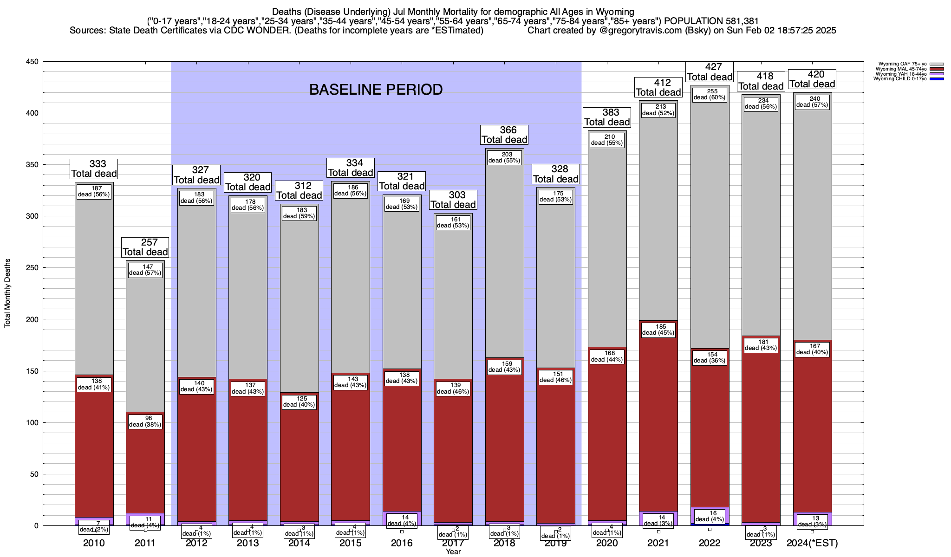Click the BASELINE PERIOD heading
point(376,90)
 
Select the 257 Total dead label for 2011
point(145,247)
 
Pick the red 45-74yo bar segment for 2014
point(300,464)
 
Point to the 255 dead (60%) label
point(710,94)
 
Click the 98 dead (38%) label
point(145,421)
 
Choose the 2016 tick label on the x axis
point(402,543)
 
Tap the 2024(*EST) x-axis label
point(812,543)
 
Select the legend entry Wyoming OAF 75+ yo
point(900,64)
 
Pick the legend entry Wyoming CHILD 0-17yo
point(899,79)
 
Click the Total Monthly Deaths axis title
point(7,294)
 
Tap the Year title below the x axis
point(453,551)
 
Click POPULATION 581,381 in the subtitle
point(711,21)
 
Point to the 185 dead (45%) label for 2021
point(658,330)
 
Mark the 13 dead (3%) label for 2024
point(812,521)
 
